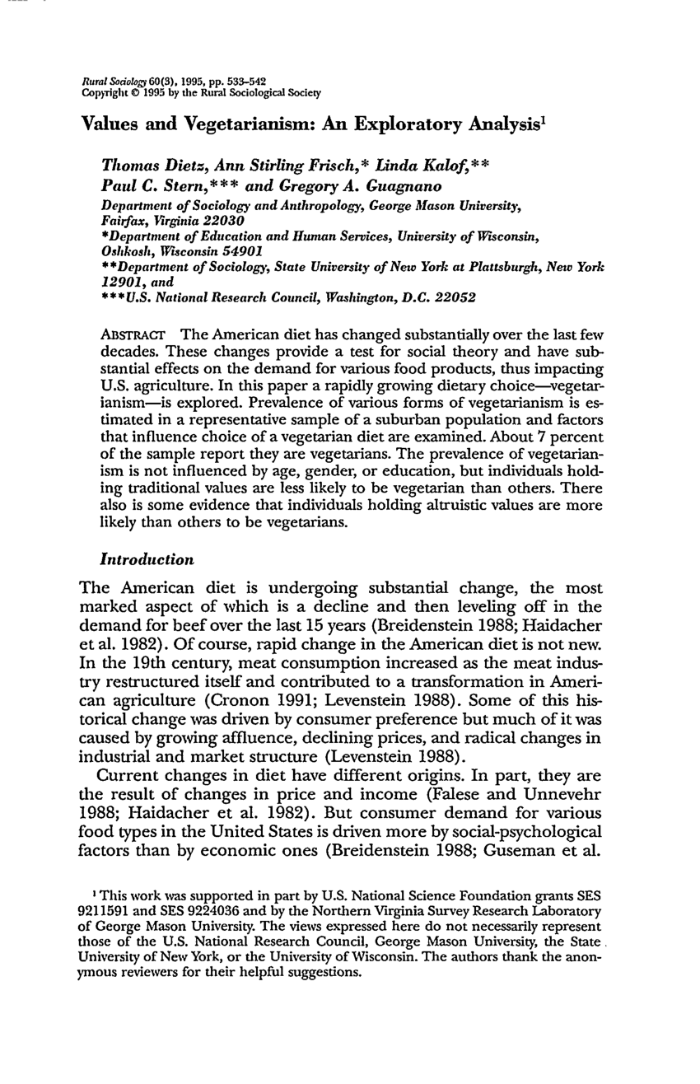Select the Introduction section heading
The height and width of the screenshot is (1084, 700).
click(147, 559)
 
